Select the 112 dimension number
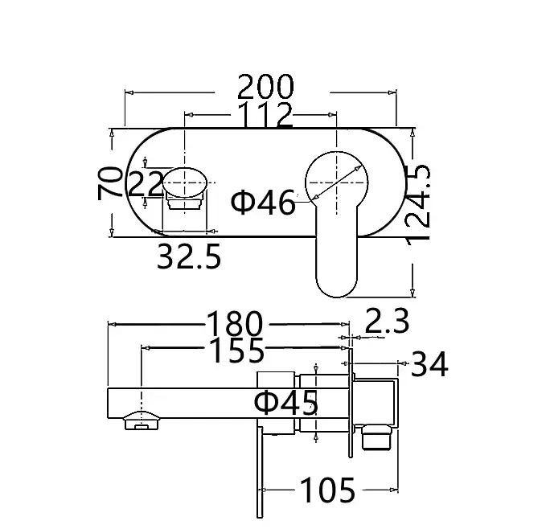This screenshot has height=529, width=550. (x=265, y=116)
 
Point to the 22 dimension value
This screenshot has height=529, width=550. (x=146, y=186)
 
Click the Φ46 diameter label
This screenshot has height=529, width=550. (x=263, y=203)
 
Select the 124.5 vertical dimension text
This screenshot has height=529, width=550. (x=419, y=202)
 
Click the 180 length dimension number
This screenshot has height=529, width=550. (x=235, y=325)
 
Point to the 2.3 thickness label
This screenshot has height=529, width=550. (x=388, y=322)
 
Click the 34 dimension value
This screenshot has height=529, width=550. (x=429, y=365)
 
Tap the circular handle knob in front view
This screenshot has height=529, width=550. (x=337, y=181)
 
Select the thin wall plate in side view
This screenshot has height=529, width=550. (x=351, y=402)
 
